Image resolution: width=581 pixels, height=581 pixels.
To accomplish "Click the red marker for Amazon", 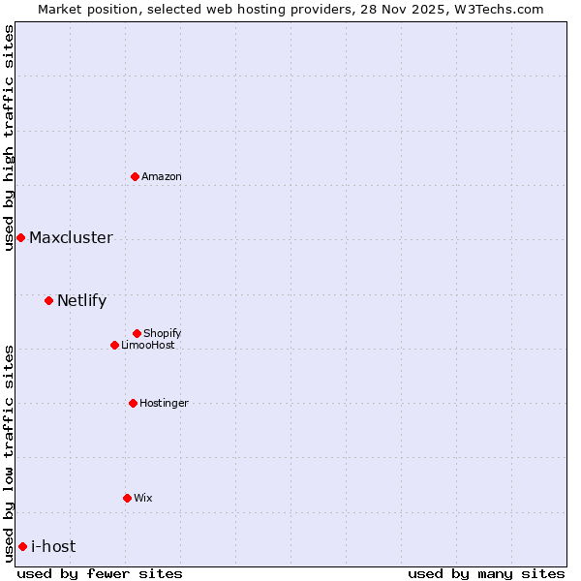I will coord(135,176).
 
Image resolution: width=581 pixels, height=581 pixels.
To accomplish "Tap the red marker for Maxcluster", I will coord(20,237).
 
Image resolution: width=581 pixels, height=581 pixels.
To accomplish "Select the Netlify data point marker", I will coord(48,300).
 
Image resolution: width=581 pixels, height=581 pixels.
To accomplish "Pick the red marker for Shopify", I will coord(137,333).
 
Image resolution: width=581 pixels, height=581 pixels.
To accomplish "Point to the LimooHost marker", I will coord(114,345).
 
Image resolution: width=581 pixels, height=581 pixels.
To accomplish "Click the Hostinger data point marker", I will coord(133,403).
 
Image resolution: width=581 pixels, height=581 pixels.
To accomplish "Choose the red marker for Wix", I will coord(127,498).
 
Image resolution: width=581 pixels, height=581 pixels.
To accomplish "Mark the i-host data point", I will coord(22,546).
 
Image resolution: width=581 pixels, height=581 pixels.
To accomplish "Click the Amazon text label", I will coord(162,176).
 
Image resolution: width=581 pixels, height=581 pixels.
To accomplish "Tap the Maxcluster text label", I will coord(71,237).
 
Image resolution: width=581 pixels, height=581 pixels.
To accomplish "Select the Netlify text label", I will coord(81,300).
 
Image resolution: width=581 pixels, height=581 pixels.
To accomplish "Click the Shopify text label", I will coord(163,333).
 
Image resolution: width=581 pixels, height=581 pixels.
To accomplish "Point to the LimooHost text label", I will coord(148,345).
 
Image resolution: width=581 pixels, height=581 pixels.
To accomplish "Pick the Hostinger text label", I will coord(164,403).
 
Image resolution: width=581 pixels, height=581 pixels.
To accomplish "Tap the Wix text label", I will coord(143,498).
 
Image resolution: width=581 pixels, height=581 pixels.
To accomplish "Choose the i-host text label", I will coord(53,546).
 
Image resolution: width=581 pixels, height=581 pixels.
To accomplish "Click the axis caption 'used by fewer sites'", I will coord(100,573).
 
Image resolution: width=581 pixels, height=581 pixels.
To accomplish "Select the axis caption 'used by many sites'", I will coord(486,573).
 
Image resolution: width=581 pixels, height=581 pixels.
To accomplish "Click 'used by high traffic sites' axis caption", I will coord(9,138).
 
